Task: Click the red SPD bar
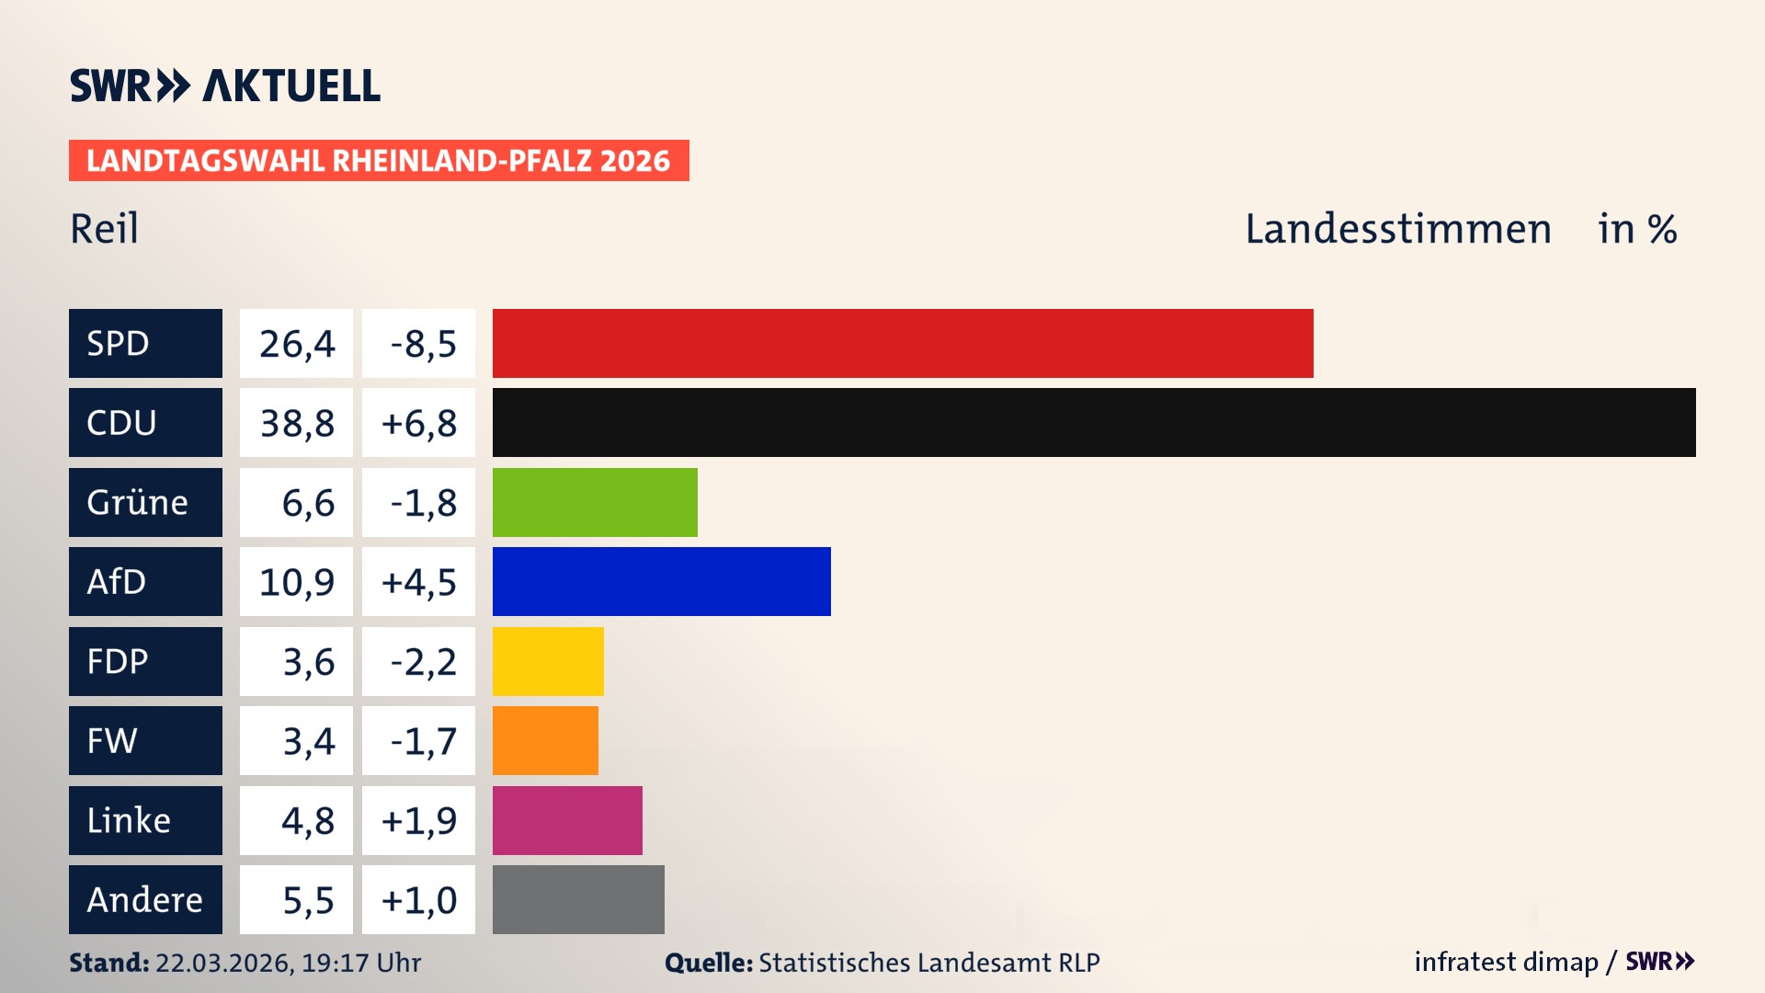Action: [x=903, y=343]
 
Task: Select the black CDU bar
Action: [x=1094, y=422]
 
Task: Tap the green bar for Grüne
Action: [x=595, y=502]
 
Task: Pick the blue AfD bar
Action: [x=661, y=581]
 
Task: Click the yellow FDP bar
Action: [x=548, y=661]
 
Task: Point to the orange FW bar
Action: [x=545, y=740]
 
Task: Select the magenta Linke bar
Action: [x=567, y=820]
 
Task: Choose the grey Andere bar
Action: [x=578, y=899]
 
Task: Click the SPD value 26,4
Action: [x=296, y=344]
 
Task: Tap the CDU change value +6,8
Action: [x=418, y=423]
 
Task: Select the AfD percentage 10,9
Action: [x=296, y=582]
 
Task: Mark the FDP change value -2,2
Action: [x=422, y=662]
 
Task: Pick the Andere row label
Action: [x=145, y=899]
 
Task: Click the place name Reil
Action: [x=104, y=228]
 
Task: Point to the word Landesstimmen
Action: [x=1397, y=228]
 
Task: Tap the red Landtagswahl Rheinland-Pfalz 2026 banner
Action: [x=379, y=160]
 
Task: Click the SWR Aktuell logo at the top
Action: [x=224, y=86]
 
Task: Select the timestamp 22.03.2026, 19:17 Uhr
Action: [x=288, y=963]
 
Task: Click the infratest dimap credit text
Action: [x=1506, y=962]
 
